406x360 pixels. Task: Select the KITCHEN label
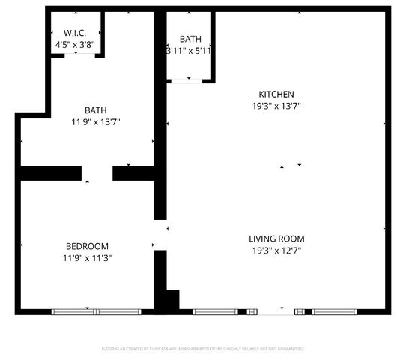(x=276, y=94)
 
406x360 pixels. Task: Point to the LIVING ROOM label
(x=276, y=239)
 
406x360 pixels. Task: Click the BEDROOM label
(x=87, y=247)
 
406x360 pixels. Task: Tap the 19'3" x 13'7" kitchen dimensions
(x=276, y=106)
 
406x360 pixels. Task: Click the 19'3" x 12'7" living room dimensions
(x=276, y=250)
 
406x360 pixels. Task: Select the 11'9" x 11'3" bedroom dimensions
(x=87, y=258)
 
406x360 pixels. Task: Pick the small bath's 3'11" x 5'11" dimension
(x=188, y=52)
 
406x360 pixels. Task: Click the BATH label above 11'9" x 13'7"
(x=95, y=109)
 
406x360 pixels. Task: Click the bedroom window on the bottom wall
(x=96, y=311)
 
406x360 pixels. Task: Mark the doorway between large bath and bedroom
(x=97, y=174)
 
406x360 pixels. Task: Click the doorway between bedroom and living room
(x=160, y=235)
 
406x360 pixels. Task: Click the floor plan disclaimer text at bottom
(x=203, y=349)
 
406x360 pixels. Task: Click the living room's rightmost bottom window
(x=334, y=311)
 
